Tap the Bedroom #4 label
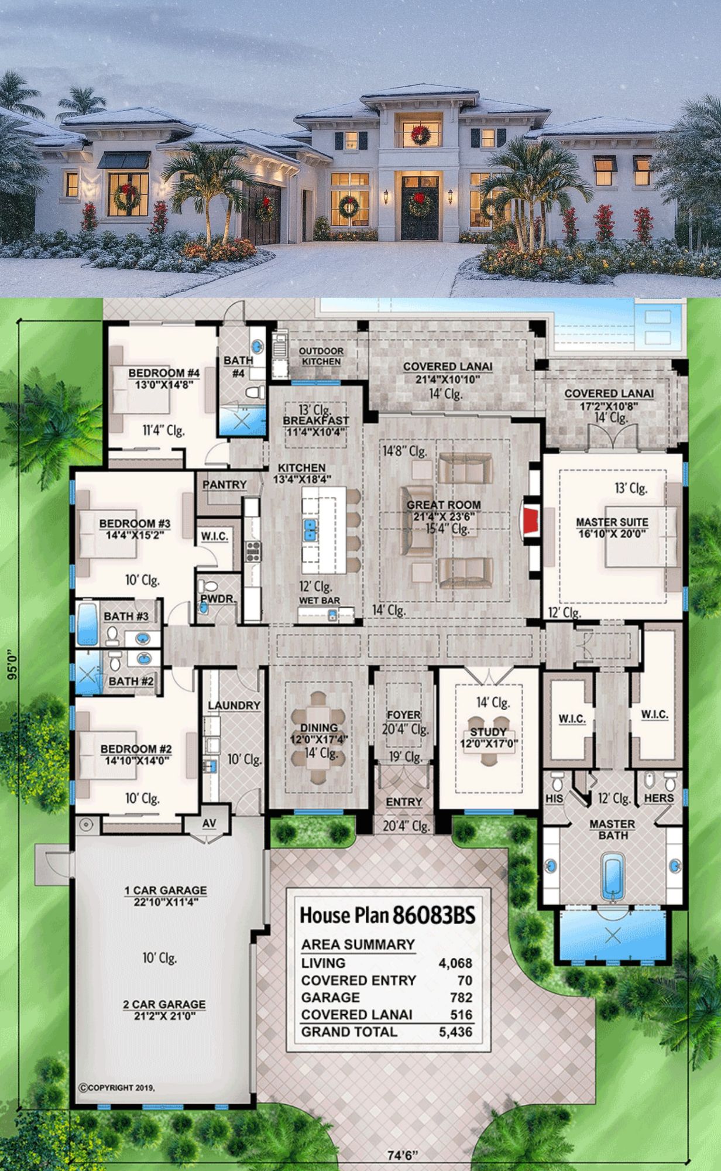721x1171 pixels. click(x=164, y=373)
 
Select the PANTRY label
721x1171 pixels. click(x=225, y=485)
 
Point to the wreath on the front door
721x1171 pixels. click(x=420, y=204)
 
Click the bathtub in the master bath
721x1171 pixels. click(x=613, y=877)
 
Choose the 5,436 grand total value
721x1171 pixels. click(x=455, y=1032)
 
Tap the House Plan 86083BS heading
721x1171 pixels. click(x=387, y=915)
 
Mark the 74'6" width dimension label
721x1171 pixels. click(x=403, y=1155)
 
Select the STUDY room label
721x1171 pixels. click(x=488, y=732)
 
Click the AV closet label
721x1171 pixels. click(x=210, y=823)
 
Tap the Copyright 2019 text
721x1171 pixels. click(x=117, y=1088)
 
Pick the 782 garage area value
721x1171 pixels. click(x=462, y=997)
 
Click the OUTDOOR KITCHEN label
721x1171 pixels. click(x=321, y=356)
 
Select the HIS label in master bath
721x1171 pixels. click(x=554, y=798)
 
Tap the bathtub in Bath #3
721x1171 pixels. click(x=87, y=624)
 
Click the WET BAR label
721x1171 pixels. click(x=320, y=600)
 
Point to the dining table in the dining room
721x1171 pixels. click(x=319, y=738)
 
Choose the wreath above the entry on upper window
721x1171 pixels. click(x=420, y=135)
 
